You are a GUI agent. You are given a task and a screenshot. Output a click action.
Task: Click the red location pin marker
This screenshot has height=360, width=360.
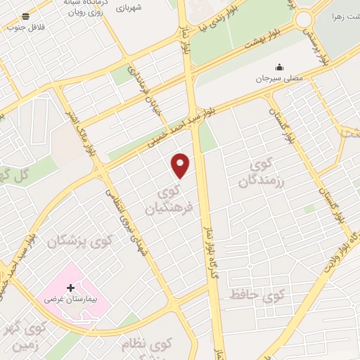click(x=181, y=165)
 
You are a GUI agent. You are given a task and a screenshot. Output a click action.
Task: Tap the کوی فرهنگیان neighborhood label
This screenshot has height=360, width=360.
click(x=169, y=200)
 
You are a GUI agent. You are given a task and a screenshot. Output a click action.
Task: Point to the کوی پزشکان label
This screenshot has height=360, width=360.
click(x=80, y=242)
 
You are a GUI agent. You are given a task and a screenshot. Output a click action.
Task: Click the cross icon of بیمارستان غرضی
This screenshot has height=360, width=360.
click(x=70, y=288)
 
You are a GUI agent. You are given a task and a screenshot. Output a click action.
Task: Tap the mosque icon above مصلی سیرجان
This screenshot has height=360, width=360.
click(x=280, y=67)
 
